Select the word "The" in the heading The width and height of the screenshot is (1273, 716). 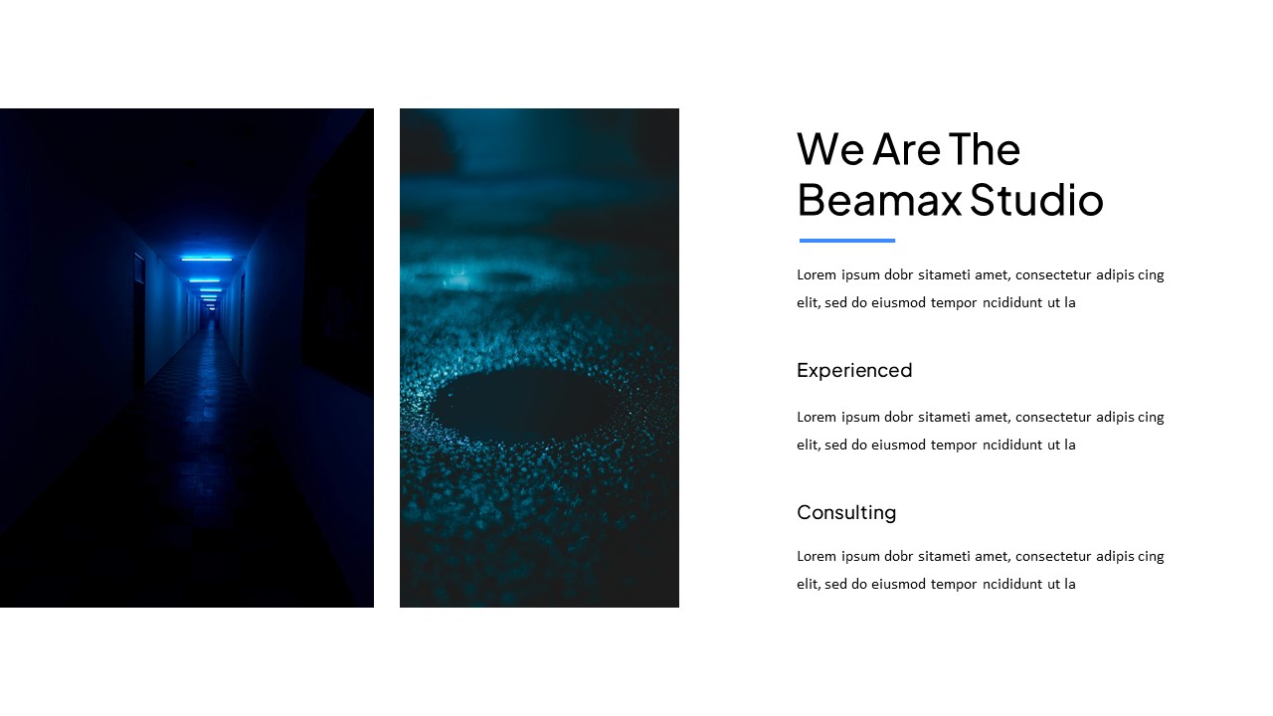click(x=985, y=149)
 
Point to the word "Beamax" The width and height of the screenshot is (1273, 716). click(x=879, y=200)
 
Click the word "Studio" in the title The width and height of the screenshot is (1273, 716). click(x=1036, y=200)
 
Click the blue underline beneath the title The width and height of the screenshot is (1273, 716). click(x=847, y=241)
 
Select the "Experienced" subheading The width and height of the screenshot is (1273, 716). click(x=854, y=370)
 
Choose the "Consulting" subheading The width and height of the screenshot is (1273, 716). click(x=846, y=512)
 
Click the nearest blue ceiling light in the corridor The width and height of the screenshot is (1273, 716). click(x=206, y=259)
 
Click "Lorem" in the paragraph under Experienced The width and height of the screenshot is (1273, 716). click(x=817, y=417)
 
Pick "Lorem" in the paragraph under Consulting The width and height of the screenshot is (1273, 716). click(x=817, y=556)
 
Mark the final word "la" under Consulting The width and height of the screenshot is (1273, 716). click(x=1069, y=584)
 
